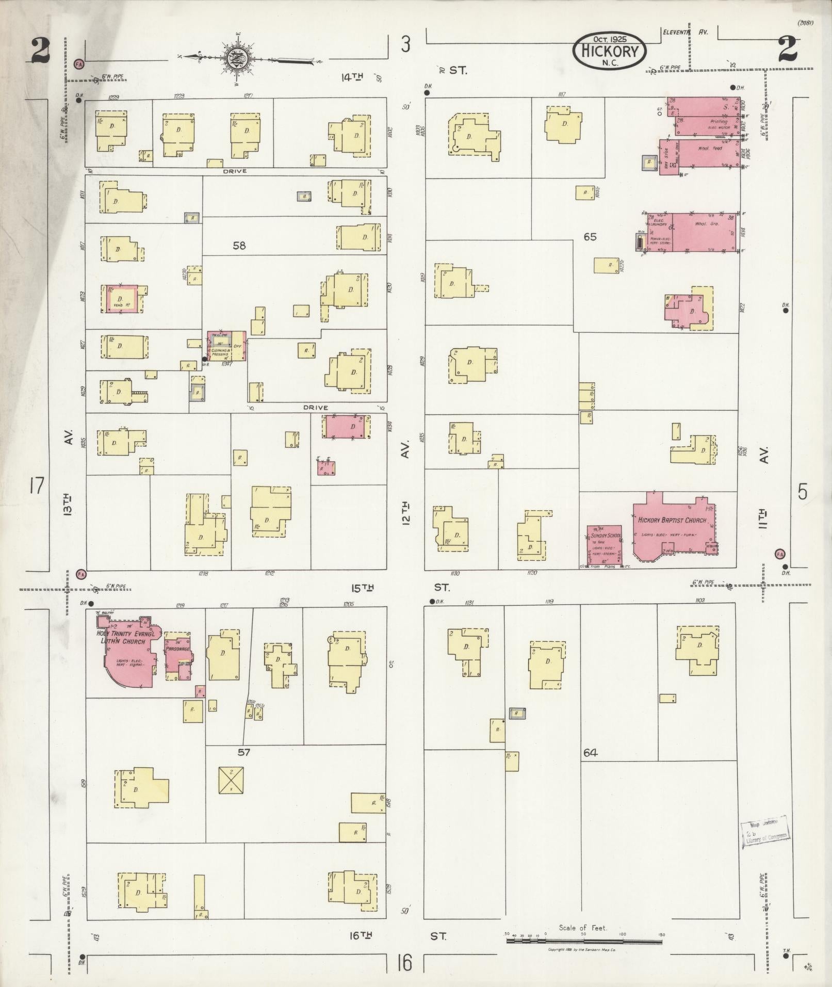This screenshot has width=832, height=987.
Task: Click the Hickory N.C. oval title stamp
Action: tap(609, 51)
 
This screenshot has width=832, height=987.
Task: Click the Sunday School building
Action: tap(604, 545)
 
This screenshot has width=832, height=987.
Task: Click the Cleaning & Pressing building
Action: tap(226, 346)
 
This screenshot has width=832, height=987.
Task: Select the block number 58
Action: tap(239, 246)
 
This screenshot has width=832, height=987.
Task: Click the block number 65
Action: tap(590, 237)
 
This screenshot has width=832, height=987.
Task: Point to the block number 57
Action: tap(244, 752)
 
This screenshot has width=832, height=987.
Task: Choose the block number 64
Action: tap(590, 753)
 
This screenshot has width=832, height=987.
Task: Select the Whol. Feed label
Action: tap(710, 149)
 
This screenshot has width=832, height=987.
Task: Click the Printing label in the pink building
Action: tap(718, 122)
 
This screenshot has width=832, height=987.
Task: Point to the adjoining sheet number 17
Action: tap(37, 486)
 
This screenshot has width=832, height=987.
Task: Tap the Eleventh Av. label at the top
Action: tap(685, 32)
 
